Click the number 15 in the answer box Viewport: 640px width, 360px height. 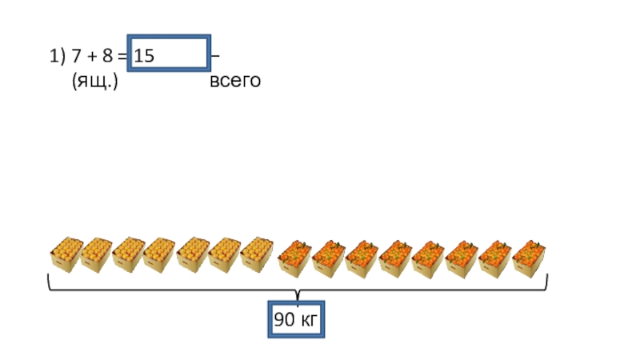[145, 56]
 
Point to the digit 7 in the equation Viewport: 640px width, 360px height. [76, 56]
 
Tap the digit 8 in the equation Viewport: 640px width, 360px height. [107, 56]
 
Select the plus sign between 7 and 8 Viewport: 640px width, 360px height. [91, 57]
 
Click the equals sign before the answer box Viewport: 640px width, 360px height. [122, 57]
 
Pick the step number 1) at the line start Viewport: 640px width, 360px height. [56, 56]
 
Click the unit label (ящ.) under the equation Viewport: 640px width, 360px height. [94, 81]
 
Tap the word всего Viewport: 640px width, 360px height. [235, 81]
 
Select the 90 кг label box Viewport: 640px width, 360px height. [297, 322]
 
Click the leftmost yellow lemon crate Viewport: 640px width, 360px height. [67, 254]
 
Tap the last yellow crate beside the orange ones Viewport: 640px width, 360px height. [257, 254]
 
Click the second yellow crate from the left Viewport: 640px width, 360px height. [97, 254]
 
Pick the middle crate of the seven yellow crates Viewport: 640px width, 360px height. [160, 254]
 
